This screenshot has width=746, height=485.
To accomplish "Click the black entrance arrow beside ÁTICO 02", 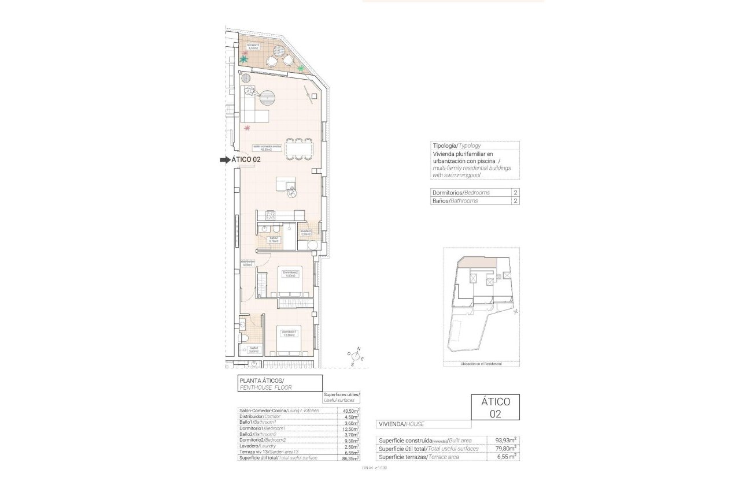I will coord(224,161).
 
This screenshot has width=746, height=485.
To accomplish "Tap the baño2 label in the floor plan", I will coord(274,239).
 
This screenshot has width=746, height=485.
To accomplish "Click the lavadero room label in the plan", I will coord(306,232).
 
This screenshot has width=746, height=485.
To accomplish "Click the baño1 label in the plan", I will coord(253,349).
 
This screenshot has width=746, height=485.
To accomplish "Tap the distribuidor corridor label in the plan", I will coord(248,263).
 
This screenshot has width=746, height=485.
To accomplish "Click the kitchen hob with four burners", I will coord(270,215).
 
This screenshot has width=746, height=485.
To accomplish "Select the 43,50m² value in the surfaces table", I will coord(348,411).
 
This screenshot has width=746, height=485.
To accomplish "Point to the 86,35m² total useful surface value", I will coord(348,458).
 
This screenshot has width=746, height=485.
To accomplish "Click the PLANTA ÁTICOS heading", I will coord(261,380).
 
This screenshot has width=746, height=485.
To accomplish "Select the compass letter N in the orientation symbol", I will coord(359,349).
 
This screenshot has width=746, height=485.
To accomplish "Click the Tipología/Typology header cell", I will coord(456,145).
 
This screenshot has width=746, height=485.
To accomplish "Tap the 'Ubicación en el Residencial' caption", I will coord(481,364).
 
